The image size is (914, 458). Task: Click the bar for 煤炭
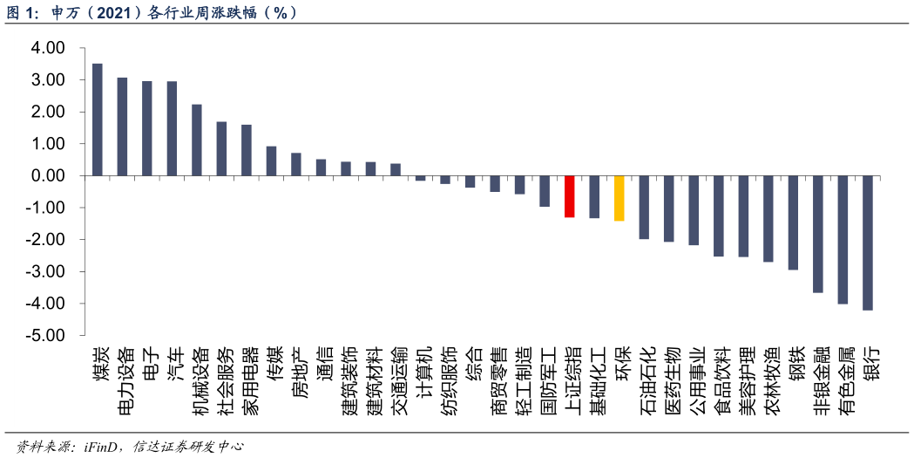pyautogui.click(x=98, y=120)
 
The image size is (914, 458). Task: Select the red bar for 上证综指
pyautogui.click(x=569, y=196)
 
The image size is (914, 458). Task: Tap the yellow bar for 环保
pyautogui.click(x=619, y=198)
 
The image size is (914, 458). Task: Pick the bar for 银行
pyautogui.click(x=867, y=243)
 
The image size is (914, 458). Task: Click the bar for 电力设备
pyautogui.click(x=122, y=126)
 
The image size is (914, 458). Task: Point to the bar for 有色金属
pyautogui.click(x=843, y=239)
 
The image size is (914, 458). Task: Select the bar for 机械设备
pyautogui.click(x=197, y=140)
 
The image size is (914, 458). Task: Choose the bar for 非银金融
pyautogui.click(x=817, y=234)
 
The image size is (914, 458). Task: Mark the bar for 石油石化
pyautogui.click(x=644, y=207)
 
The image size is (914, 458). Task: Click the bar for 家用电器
pyautogui.click(x=247, y=150)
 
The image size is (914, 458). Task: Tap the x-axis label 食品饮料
pyautogui.click(x=719, y=382)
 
